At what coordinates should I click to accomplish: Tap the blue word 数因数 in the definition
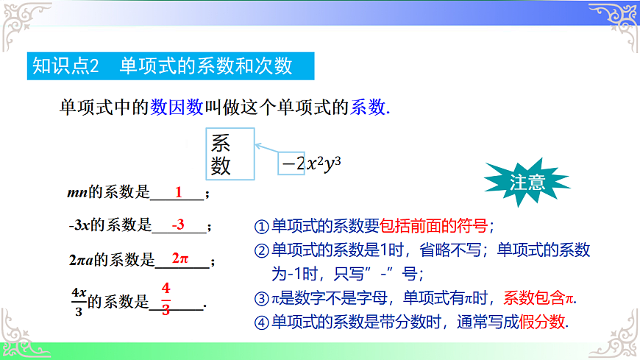[177, 107]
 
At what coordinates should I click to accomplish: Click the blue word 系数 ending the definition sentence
[367, 107]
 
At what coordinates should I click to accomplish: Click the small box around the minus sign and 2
[291, 163]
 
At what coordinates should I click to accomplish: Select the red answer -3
[177, 225]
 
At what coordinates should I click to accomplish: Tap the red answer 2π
[180, 258]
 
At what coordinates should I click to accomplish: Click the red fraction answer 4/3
[166, 298]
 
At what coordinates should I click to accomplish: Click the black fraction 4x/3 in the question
[79, 300]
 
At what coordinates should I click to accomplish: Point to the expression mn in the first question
[77, 194]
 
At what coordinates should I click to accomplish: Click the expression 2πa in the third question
[80, 260]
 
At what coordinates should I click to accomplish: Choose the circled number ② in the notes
[261, 250]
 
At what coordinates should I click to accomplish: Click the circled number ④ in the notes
[261, 322]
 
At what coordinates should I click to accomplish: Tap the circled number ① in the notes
[261, 227]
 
